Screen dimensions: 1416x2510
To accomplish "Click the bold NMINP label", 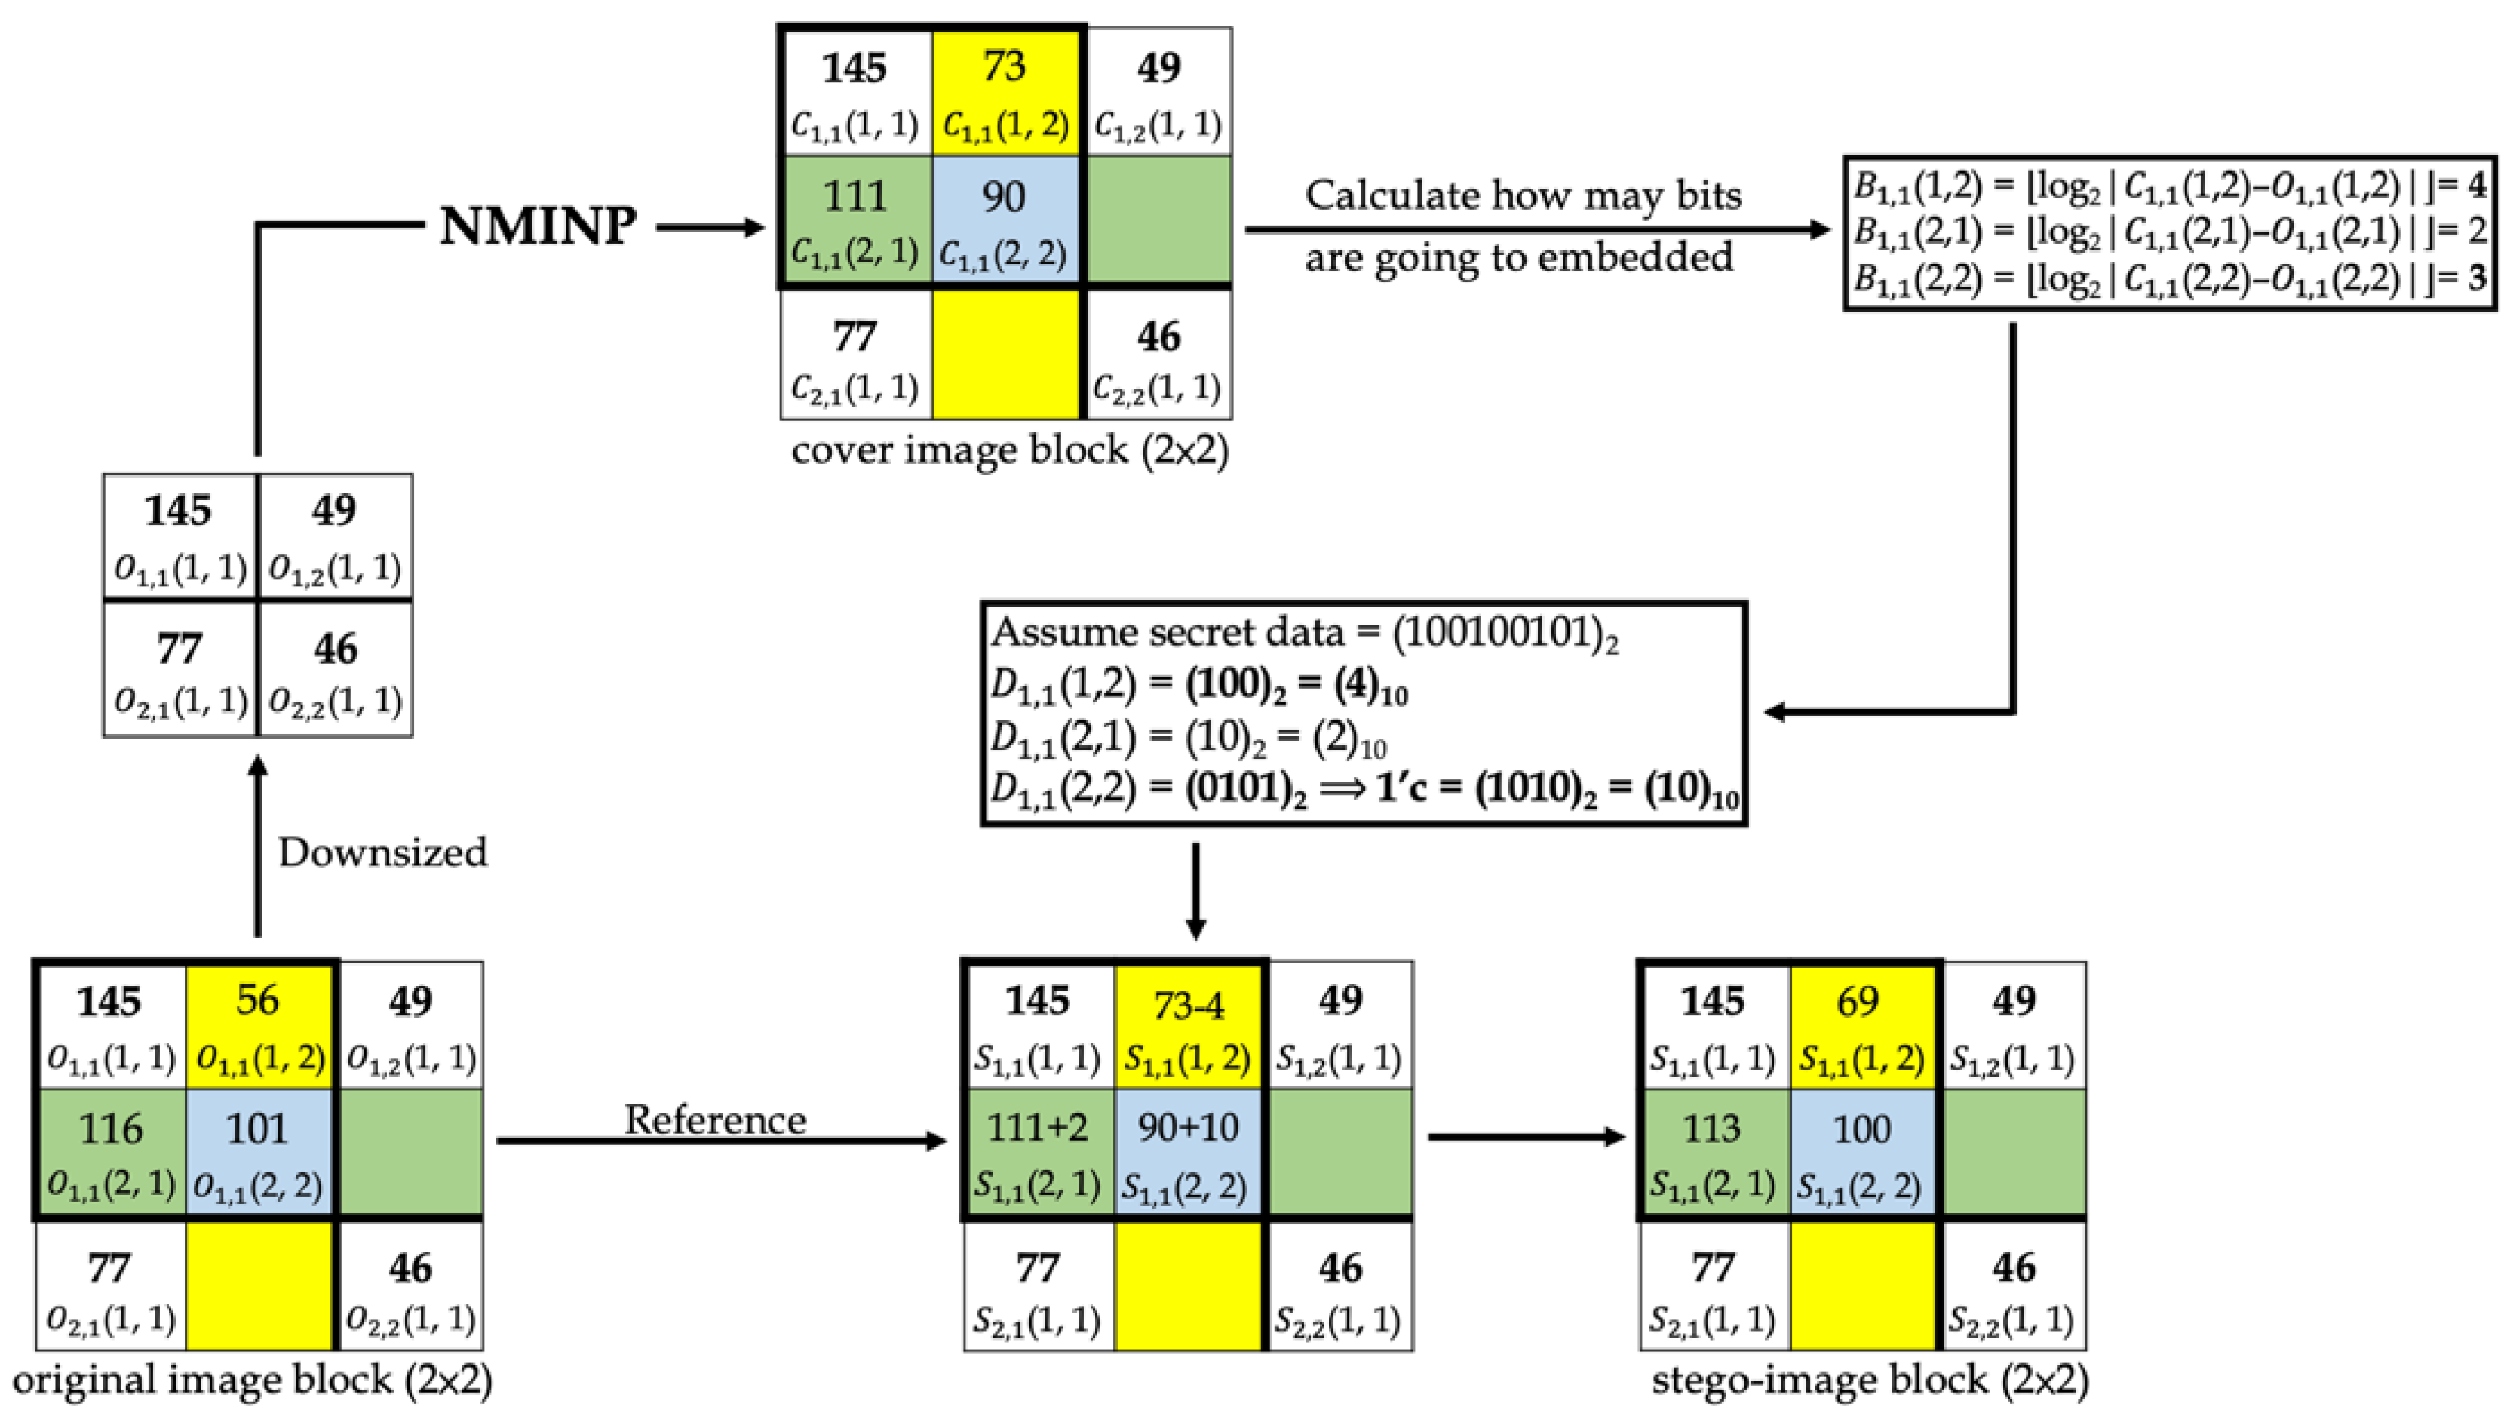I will (x=538, y=226).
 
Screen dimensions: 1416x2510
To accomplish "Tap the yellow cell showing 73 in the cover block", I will (x=1005, y=93).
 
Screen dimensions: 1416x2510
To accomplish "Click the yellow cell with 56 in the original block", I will (x=258, y=1025).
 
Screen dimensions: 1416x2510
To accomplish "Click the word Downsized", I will (x=382, y=852).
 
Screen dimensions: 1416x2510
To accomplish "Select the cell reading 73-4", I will (x=1188, y=1025).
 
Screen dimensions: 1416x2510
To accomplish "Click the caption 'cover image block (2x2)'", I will (x=1009, y=450).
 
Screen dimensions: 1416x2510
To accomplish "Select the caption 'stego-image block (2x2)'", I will (x=1870, y=1380).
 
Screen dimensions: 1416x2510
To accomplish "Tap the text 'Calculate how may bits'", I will (x=1522, y=196).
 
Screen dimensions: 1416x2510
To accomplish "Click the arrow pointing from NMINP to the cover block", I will (x=710, y=228).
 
